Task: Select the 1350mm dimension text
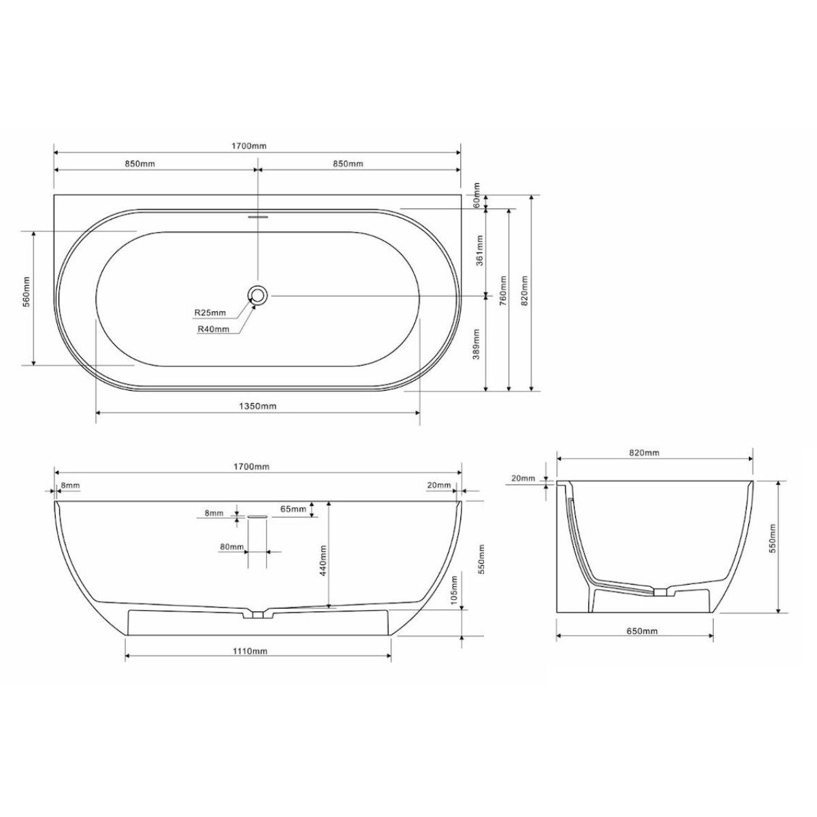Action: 257,406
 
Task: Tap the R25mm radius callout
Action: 210,313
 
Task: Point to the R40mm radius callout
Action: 213,329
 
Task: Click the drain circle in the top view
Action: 257,294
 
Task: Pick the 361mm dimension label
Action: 479,251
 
